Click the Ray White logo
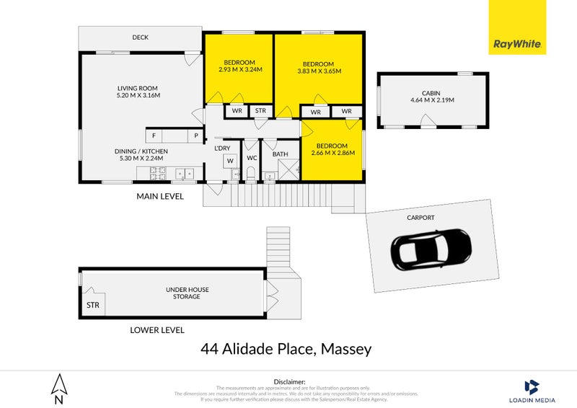(x=518, y=27)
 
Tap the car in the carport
(x=430, y=250)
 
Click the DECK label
(x=141, y=37)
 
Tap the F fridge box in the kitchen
(x=154, y=135)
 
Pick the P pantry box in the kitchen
(x=195, y=135)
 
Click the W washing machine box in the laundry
(x=231, y=160)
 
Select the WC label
(x=252, y=156)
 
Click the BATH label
(x=281, y=154)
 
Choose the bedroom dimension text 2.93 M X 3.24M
(x=239, y=70)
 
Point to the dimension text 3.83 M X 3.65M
(x=319, y=71)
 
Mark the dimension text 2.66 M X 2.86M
(x=333, y=154)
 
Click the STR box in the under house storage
(x=93, y=305)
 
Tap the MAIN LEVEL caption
(x=161, y=196)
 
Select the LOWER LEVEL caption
(x=157, y=330)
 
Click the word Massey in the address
(x=344, y=350)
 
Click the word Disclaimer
(x=290, y=381)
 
